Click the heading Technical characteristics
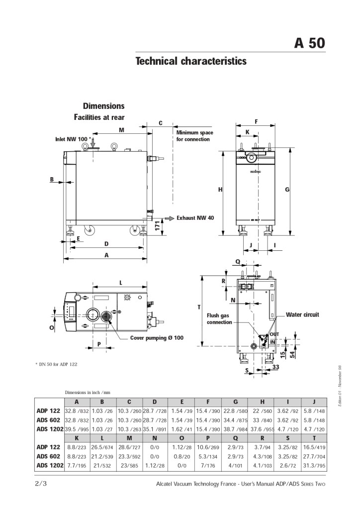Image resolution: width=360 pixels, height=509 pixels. click(191, 61)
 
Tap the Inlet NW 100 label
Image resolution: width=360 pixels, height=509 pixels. click(73, 139)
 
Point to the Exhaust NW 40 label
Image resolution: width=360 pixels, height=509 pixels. click(195, 218)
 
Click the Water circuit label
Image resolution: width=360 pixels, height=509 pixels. click(302, 315)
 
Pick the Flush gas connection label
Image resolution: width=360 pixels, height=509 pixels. click(219, 318)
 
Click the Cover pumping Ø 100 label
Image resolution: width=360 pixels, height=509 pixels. click(157, 338)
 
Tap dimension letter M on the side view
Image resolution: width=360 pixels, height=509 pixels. click(121, 130)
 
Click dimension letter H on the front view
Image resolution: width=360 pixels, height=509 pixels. click(219, 189)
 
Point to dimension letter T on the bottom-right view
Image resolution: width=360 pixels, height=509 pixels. click(198, 307)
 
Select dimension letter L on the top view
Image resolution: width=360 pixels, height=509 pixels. click(120, 283)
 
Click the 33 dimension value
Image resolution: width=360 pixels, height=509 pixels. click(275, 367)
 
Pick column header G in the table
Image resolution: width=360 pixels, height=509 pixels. click(235, 402)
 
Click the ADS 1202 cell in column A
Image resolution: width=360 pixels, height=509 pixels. click(77, 429)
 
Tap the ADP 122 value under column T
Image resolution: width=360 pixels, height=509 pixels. click(314, 447)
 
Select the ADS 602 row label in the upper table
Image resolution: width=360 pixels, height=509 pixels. click(48, 420)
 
